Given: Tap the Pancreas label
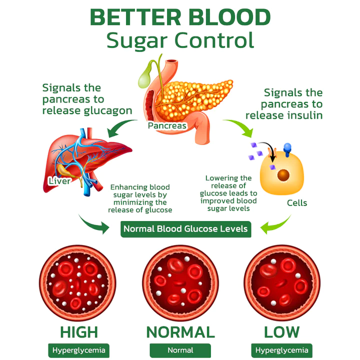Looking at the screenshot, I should point(167,125).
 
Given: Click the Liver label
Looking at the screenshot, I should point(59,180).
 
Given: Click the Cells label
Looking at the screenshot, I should point(296,203).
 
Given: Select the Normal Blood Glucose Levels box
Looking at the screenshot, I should point(185,229).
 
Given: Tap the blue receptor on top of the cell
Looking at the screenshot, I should point(287,148).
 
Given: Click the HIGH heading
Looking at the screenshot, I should point(79,332).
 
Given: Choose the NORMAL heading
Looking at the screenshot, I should point(180,332).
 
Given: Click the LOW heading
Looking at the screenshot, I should point(281,332).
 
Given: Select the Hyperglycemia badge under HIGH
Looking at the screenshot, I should point(79,350).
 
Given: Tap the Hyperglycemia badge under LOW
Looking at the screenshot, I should point(282,350).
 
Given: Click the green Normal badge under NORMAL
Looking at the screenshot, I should point(180,350).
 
